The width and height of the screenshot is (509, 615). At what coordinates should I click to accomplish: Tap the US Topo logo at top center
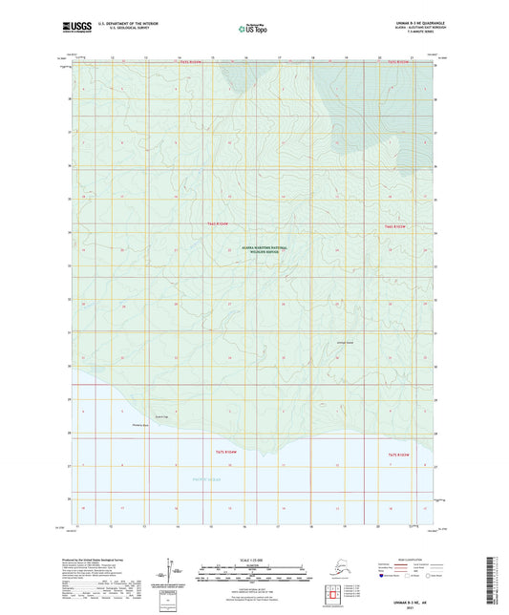253,30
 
